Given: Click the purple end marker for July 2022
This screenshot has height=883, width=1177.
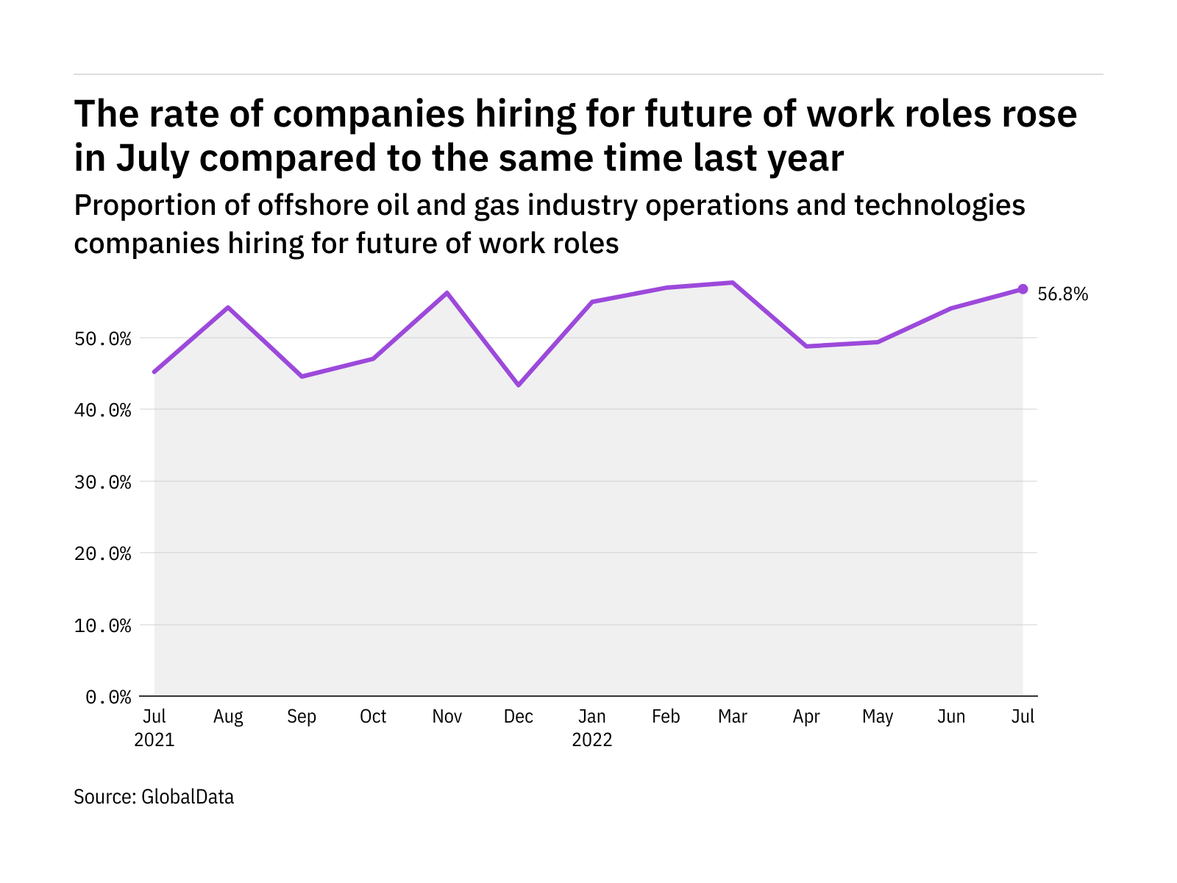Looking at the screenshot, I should click(x=1023, y=289).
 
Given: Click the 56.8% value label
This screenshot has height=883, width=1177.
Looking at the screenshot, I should click(x=1062, y=294).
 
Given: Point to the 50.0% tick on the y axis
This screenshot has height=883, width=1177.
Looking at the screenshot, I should click(x=108, y=338).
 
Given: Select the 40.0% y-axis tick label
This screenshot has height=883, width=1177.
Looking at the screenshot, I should click(x=108, y=410).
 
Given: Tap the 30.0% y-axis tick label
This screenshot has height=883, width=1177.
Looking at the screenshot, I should click(x=108, y=482).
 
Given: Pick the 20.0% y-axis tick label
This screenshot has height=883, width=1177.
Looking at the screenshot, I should click(x=108, y=553).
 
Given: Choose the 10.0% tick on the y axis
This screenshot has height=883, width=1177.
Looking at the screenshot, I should click(x=108, y=625).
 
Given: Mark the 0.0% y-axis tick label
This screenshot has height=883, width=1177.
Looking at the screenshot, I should click(x=108, y=697).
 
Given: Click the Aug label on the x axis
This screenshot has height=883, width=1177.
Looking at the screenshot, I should click(x=228, y=717).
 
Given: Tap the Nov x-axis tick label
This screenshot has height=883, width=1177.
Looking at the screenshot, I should click(x=447, y=717).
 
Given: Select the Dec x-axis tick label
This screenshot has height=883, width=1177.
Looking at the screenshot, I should click(x=519, y=717).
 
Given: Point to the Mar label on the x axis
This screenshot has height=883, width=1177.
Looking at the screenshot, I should click(x=733, y=717).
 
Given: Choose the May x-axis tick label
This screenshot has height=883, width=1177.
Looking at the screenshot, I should click(x=878, y=717).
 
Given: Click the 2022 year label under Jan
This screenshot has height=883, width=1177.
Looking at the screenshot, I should click(x=592, y=740).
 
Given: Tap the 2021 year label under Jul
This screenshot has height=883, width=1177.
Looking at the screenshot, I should click(x=154, y=740).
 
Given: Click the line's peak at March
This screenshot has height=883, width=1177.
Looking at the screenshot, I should click(x=733, y=283).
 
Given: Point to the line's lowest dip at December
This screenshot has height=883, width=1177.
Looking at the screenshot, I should click(x=519, y=385).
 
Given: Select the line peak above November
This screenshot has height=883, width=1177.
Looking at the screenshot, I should click(x=447, y=293).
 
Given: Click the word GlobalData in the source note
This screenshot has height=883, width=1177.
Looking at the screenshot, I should click(x=188, y=797).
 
